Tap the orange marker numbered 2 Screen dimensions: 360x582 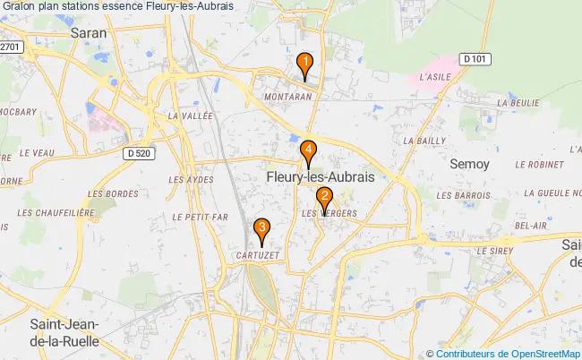coord(324,199)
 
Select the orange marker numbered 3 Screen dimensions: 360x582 coord(261,229)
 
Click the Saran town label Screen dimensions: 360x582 coord(88,32)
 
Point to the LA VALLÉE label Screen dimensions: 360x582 coord(190,116)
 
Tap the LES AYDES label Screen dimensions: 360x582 coord(191,179)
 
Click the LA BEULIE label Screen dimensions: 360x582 coord(519,103)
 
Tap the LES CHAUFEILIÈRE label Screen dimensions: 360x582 coord(56,213)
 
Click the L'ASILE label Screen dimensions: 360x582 coord(435,77)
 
